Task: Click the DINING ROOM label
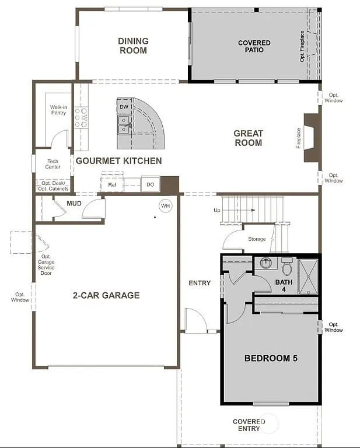133,46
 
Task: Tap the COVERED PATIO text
254,47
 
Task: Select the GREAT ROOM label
248,138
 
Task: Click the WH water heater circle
166,206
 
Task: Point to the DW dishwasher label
124,107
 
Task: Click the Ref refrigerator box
112,185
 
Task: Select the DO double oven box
150,185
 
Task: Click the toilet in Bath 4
286,267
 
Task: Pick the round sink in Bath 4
267,262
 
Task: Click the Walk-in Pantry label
58,110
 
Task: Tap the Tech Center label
53,164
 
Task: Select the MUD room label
74,203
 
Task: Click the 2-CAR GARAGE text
106,295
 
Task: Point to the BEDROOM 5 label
271,358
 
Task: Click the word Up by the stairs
217,210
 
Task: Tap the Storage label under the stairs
257,239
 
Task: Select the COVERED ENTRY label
249,425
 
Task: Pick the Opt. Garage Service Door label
46,265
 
